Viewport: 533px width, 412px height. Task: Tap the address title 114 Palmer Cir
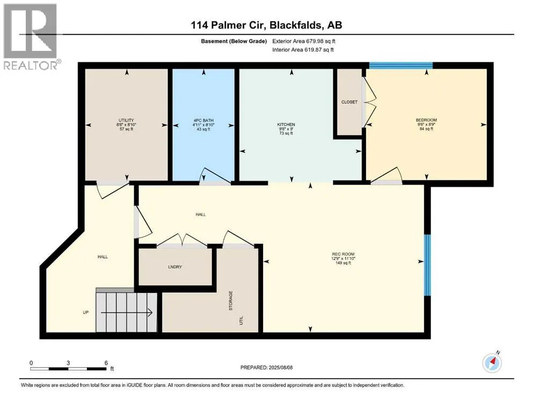229,25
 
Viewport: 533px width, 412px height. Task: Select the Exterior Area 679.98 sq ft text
304,41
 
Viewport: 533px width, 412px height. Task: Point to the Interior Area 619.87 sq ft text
303,49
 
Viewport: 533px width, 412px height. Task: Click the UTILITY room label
126,120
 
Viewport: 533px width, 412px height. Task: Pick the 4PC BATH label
203,120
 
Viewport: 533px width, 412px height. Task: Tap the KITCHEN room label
286,124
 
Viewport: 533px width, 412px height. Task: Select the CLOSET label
349,102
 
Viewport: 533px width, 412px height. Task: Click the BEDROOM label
426,120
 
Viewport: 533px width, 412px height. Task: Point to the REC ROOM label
343,254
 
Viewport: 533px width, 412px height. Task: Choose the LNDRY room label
175,267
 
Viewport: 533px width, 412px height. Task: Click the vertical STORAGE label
230,300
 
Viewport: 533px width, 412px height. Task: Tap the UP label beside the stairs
86,312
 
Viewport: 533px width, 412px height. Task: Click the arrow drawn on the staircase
127,312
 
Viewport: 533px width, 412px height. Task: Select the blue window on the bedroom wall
401,65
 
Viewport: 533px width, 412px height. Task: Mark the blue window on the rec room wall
427,265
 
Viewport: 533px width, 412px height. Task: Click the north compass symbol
492,363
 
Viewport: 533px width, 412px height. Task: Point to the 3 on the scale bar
68,363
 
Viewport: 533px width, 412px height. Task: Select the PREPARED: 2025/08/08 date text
266,367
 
